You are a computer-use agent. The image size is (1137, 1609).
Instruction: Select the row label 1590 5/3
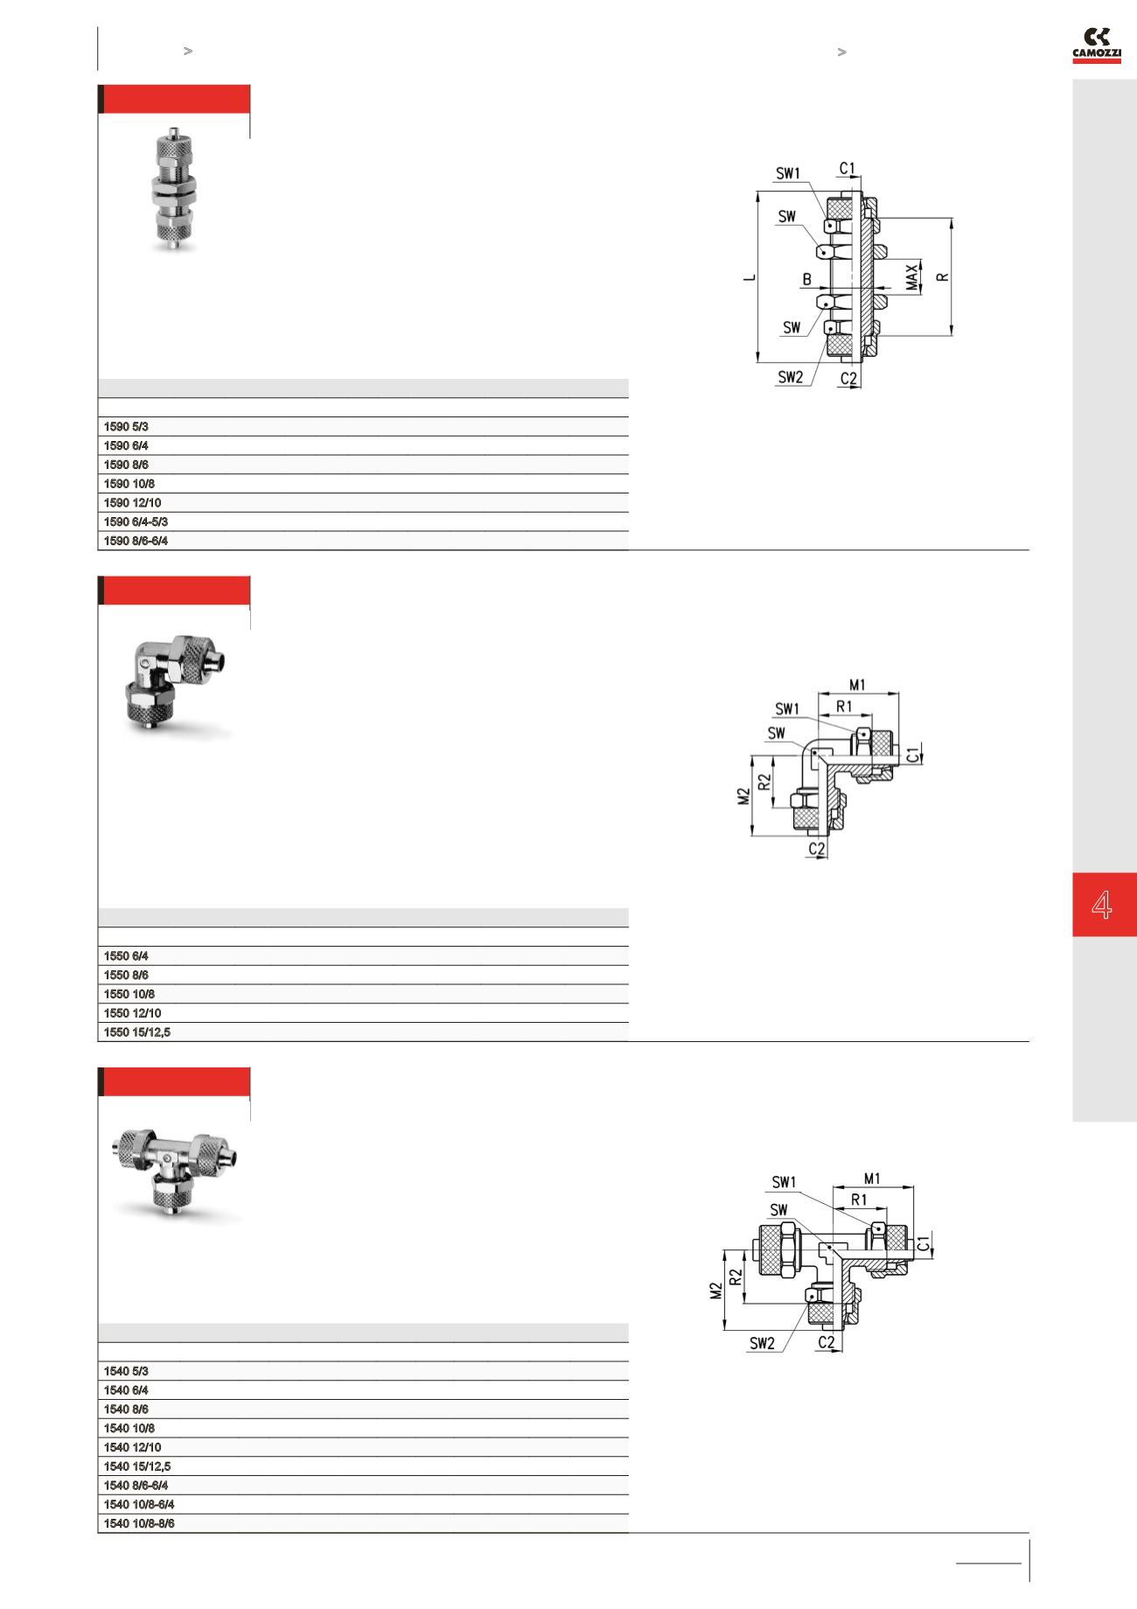[126, 427]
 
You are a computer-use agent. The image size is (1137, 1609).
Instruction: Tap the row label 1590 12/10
[132, 503]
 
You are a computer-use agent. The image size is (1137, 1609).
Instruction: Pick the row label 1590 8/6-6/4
[136, 542]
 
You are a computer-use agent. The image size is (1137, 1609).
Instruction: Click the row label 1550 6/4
[126, 956]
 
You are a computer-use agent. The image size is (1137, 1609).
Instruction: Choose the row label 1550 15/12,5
[137, 1032]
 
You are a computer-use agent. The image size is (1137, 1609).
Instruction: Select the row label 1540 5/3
[126, 1371]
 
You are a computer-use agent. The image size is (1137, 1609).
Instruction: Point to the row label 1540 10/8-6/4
[139, 1505]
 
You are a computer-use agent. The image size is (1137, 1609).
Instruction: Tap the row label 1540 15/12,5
[137, 1466]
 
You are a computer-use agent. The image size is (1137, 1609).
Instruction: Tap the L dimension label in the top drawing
[749, 278]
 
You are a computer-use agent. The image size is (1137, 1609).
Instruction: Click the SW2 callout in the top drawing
[791, 377]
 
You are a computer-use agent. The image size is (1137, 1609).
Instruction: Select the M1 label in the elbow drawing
[857, 683]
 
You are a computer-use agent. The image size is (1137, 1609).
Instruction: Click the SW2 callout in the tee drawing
[762, 1344]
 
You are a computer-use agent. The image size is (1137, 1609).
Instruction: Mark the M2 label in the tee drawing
[716, 1291]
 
